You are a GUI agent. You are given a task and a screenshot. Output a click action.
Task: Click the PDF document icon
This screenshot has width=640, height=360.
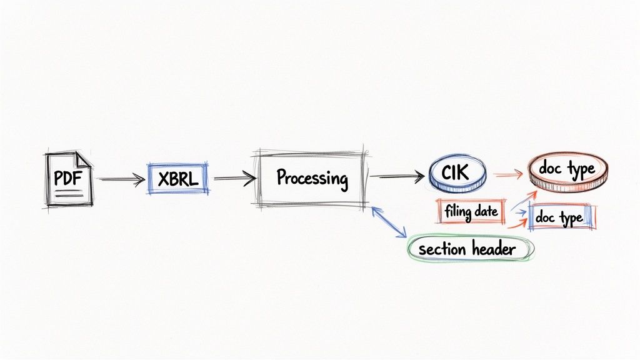click(x=68, y=179)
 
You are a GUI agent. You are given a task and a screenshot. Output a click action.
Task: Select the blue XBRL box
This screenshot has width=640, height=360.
click(x=177, y=179)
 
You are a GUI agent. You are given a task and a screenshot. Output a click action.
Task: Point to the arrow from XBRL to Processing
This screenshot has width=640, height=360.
click(x=234, y=179)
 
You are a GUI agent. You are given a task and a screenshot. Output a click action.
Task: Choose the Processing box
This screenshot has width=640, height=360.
click(x=311, y=178)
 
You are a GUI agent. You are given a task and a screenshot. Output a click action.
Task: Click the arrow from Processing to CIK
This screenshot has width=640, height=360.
click(x=396, y=177)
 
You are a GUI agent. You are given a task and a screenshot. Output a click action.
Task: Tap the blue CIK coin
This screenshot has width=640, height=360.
click(x=457, y=173)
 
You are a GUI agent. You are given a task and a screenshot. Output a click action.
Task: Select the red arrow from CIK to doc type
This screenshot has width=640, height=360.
click(x=508, y=176)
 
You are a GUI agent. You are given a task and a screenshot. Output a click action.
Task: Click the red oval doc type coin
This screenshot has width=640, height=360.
click(x=567, y=169)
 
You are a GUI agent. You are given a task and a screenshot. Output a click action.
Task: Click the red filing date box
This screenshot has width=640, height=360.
click(x=471, y=212)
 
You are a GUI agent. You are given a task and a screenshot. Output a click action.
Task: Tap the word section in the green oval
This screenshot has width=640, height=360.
click(x=442, y=249)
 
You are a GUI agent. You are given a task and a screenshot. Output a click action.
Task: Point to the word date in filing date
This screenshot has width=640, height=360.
click(x=486, y=212)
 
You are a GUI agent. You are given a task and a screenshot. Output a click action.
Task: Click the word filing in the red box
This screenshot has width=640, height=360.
click(x=458, y=212)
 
